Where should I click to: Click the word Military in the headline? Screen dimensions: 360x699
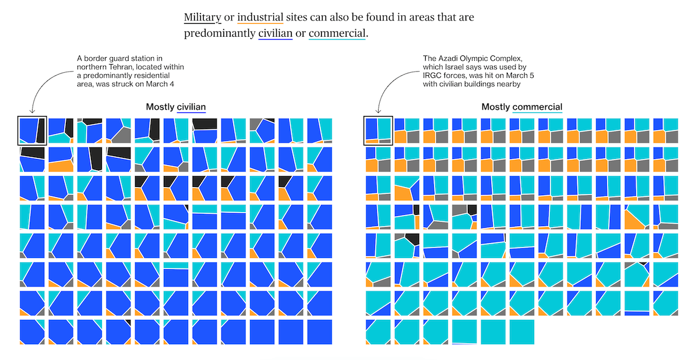coord(202,17)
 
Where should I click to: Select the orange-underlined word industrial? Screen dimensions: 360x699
coord(260,17)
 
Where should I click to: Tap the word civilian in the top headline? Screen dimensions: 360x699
coord(275,33)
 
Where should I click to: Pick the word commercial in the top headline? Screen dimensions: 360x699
coord(337,33)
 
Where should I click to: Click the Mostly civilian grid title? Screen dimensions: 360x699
coord(176,107)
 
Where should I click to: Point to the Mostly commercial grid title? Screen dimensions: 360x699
coord(521,107)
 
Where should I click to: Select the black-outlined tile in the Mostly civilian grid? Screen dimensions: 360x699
coord(31,130)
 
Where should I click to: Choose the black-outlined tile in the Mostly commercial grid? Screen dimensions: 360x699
coord(377,130)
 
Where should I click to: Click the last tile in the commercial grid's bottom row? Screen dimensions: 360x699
coord(521,331)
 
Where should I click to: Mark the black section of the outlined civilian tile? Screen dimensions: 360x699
coord(41,129)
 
